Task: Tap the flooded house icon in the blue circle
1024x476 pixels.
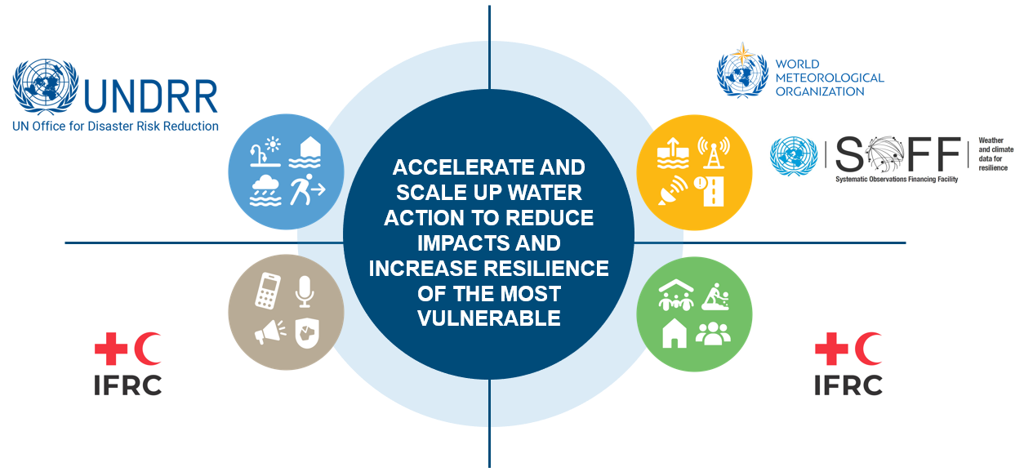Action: [305, 152]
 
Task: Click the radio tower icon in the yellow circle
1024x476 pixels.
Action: [713, 152]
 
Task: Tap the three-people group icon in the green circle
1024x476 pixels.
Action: [713, 334]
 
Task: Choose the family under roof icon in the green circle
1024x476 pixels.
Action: [675, 296]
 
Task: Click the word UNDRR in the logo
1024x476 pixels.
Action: [150, 96]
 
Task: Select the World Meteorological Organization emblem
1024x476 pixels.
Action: [742, 71]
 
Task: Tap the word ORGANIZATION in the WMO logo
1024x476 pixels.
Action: [819, 91]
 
